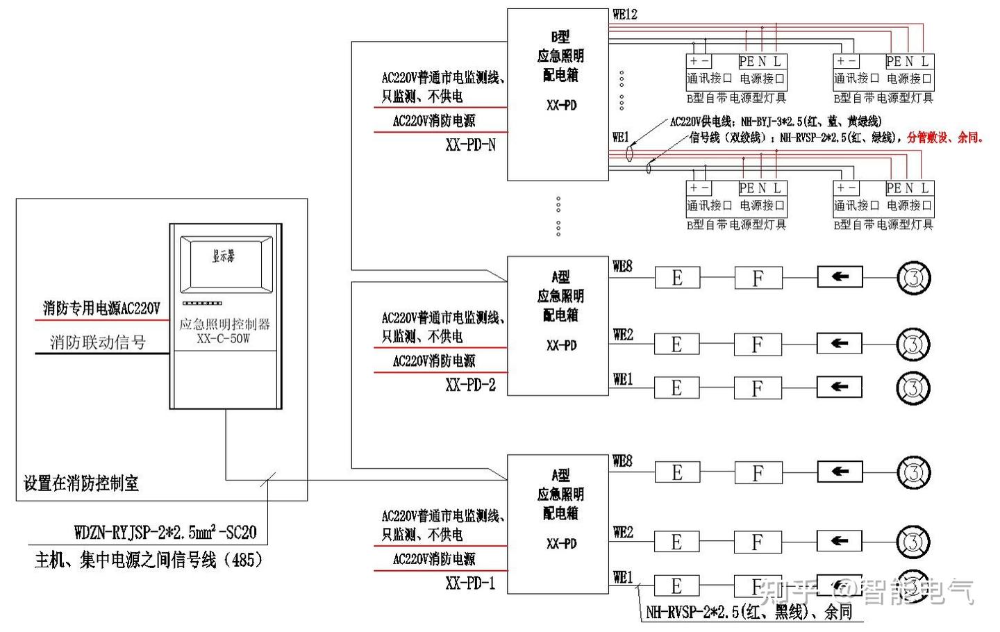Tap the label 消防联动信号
tap(98, 342)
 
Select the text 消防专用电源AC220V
tap(101, 308)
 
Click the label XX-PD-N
tap(471, 145)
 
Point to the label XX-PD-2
tap(471, 385)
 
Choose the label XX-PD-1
tap(471, 583)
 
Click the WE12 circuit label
tap(624, 15)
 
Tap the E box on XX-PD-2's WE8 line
tap(677, 278)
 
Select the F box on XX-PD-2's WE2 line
tap(758, 344)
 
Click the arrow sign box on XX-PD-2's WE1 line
tap(840, 387)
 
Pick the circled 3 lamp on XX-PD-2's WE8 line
tap(913, 278)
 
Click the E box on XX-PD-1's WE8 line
tap(677, 473)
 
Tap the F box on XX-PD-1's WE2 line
tap(758, 542)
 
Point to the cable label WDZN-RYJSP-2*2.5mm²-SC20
tap(165, 533)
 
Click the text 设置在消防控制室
tap(81, 483)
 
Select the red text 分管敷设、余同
tap(945, 138)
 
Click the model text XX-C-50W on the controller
tap(224, 339)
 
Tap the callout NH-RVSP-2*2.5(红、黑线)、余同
tap(749, 612)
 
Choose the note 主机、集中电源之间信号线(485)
tap(149, 560)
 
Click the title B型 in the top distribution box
tap(560, 37)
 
